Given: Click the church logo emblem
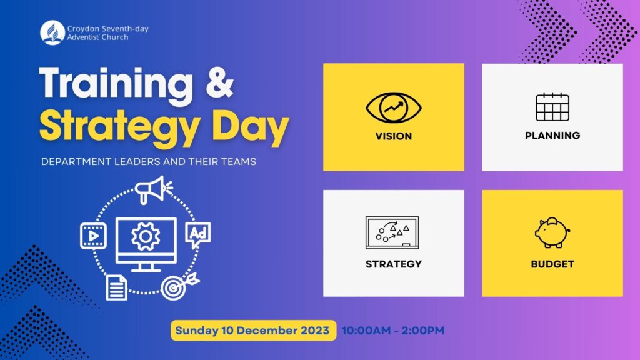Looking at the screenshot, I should coord(52,32).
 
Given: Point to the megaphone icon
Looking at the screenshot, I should coord(153,189).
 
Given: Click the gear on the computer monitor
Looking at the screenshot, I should coord(146,237).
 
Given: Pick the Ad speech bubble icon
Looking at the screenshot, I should coord(198,234).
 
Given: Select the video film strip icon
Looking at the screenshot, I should coord(93,236).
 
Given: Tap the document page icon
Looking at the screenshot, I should coord(116,287).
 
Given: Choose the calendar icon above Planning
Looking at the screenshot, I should coord(552,107).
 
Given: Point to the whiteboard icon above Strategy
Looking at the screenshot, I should coord(392,232).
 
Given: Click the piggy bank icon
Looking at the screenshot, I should coord(552,232).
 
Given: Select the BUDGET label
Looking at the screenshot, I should coord(552,264).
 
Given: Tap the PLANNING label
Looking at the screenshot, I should coord(552,135).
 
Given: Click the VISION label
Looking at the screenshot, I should coord(394,136).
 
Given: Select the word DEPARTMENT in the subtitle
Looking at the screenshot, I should coord(71,161).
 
